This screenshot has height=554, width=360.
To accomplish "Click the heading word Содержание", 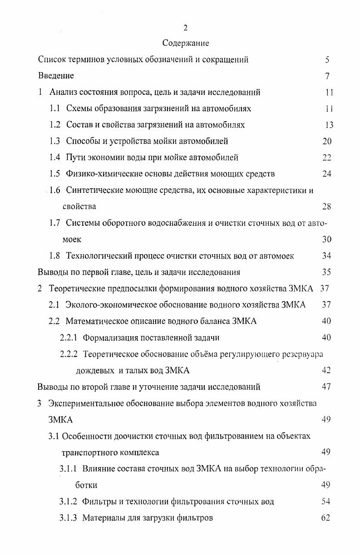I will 186,44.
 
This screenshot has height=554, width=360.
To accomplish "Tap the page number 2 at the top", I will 185,28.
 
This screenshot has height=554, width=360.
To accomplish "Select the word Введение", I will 56,76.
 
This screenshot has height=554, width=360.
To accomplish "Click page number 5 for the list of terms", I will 327,60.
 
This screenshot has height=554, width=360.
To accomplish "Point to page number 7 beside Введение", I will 327,76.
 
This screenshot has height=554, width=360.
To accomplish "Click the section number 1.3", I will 54,141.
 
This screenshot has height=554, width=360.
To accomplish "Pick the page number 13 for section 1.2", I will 329,125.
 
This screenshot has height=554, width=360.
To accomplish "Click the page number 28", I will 326,207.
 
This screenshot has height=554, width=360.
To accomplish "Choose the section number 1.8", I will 54,256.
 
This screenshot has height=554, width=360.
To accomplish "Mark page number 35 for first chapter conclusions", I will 326,272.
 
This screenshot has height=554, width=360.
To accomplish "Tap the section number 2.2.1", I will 68,338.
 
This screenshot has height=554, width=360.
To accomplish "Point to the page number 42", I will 326,370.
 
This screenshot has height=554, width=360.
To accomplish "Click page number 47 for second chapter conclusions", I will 326,387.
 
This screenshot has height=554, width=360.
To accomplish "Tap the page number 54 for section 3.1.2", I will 325,501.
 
